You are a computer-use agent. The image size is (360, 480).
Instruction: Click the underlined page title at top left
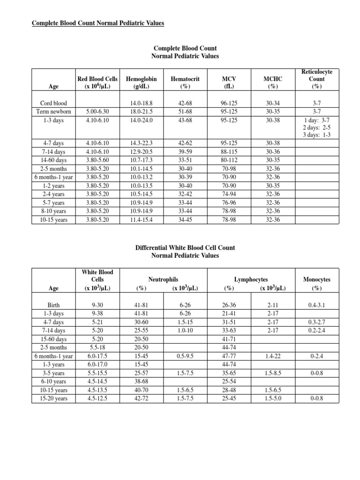point(97,23)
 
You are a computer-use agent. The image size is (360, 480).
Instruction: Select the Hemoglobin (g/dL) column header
point(142,83)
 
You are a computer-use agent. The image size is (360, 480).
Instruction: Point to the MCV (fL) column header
point(230,83)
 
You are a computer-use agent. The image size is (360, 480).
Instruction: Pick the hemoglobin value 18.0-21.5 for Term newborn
point(142,111)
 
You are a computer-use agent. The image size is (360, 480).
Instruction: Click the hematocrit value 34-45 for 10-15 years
point(185,219)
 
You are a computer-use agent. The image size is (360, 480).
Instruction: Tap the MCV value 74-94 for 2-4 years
point(230,194)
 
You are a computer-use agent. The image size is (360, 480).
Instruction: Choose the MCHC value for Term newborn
point(273,111)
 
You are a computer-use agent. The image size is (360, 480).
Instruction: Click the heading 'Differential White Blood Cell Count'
point(185,247)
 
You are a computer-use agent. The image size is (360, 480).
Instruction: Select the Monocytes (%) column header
point(317,284)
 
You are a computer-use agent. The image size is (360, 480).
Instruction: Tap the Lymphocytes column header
point(251,279)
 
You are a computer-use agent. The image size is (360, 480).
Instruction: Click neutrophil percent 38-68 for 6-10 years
point(142,382)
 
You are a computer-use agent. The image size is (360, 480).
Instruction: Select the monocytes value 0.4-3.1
point(317,305)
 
